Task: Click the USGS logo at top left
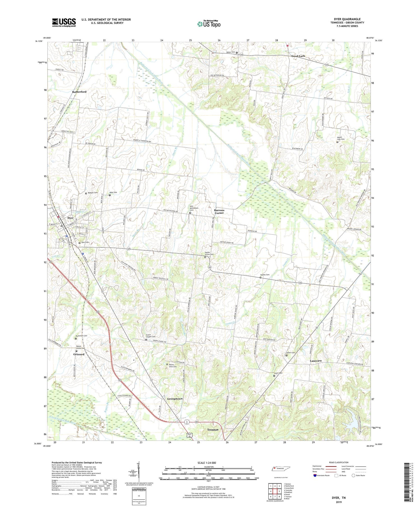(x=64, y=22)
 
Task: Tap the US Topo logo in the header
(x=209, y=24)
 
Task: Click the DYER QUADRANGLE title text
(x=347, y=19)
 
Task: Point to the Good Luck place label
(x=298, y=56)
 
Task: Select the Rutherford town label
(x=79, y=92)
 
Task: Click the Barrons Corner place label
(x=219, y=211)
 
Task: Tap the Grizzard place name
(x=79, y=354)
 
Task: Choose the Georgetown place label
(x=175, y=398)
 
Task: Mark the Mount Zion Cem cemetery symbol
(x=337, y=142)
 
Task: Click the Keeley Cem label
(x=265, y=275)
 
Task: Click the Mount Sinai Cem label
(x=172, y=365)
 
